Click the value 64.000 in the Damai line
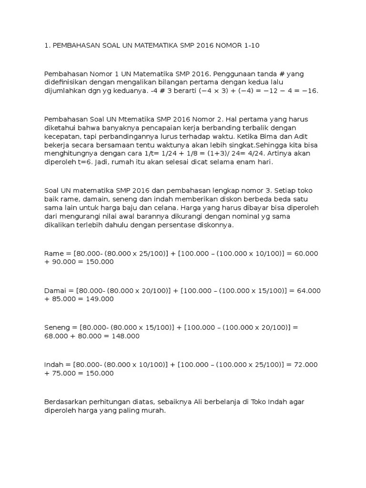[x=308, y=291]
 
